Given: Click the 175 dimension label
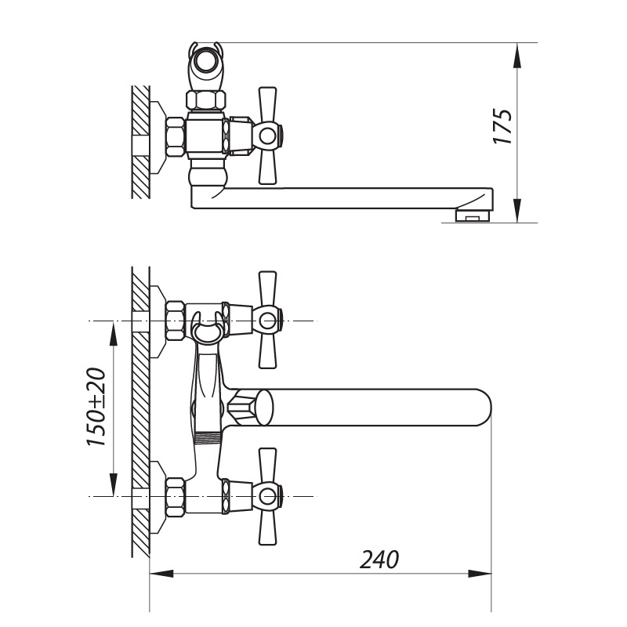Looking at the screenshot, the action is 502,126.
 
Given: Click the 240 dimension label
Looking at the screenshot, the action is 379,560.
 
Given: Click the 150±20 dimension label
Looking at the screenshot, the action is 96,407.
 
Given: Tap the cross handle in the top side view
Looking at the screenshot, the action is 267,136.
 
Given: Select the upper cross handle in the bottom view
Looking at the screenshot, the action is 267,320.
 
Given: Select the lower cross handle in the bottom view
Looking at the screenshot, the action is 267,496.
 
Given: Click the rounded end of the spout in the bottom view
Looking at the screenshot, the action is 481,407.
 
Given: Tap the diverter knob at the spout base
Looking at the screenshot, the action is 251,408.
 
